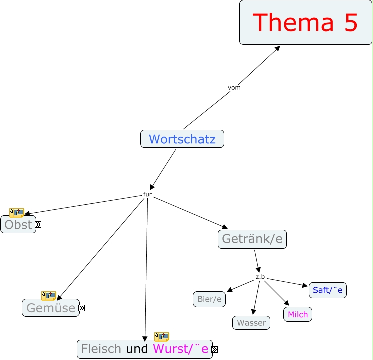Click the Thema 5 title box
pyautogui.click(x=305, y=22)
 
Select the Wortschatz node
pyautogui.click(x=182, y=139)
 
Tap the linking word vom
pyautogui.click(x=234, y=88)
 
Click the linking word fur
pyautogui.click(x=147, y=194)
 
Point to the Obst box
pyautogui.click(x=18, y=225)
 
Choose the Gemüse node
pyautogui.click(x=50, y=308)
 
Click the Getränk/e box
pyautogui.click(x=252, y=239)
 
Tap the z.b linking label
pyautogui.click(x=260, y=277)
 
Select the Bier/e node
pyautogui.click(x=209, y=299)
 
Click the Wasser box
pyautogui.click(x=251, y=323)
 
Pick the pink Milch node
pyautogui.click(x=298, y=314)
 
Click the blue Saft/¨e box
pyautogui.click(x=327, y=290)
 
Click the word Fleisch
pyautogui.click(x=101, y=349)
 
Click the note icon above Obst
pyautogui.click(x=16, y=213)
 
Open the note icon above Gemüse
pyautogui.click(x=48, y=295)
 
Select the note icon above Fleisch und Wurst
pyautogui.click(x=161, y=336)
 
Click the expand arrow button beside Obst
pyautogui.click(x=38, y=225)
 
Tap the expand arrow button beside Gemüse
pyautogui.click(x=82, y=308)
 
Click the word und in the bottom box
pyautogui.click(x=137, y=349)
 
